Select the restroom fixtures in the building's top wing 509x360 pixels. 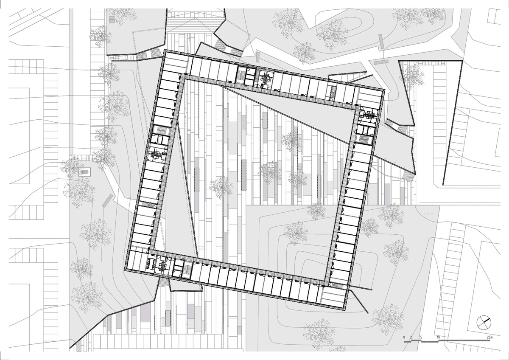[266, 80]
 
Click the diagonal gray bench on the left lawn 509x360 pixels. [107, 200]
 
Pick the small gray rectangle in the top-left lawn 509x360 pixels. [112, 20]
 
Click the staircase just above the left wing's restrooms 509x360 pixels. [160, 130]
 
